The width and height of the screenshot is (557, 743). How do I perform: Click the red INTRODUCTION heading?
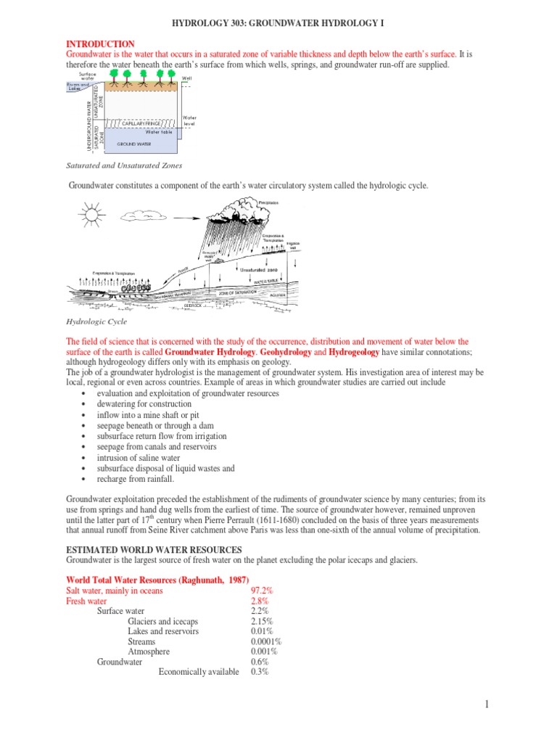tap(100, 44)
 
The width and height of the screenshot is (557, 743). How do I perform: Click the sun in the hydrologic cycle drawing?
tap(92, 215)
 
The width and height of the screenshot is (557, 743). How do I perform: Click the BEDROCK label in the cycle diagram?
tap(194, 305)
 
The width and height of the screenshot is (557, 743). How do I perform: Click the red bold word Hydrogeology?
tap(354, 351)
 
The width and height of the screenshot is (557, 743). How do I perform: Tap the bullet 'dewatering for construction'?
tap(144, 403)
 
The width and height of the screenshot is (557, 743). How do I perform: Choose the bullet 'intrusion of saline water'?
tap(142, 458)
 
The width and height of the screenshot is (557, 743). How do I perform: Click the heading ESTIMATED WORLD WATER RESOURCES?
tap(154, 549)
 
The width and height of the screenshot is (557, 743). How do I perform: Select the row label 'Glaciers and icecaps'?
tap(162, 621)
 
